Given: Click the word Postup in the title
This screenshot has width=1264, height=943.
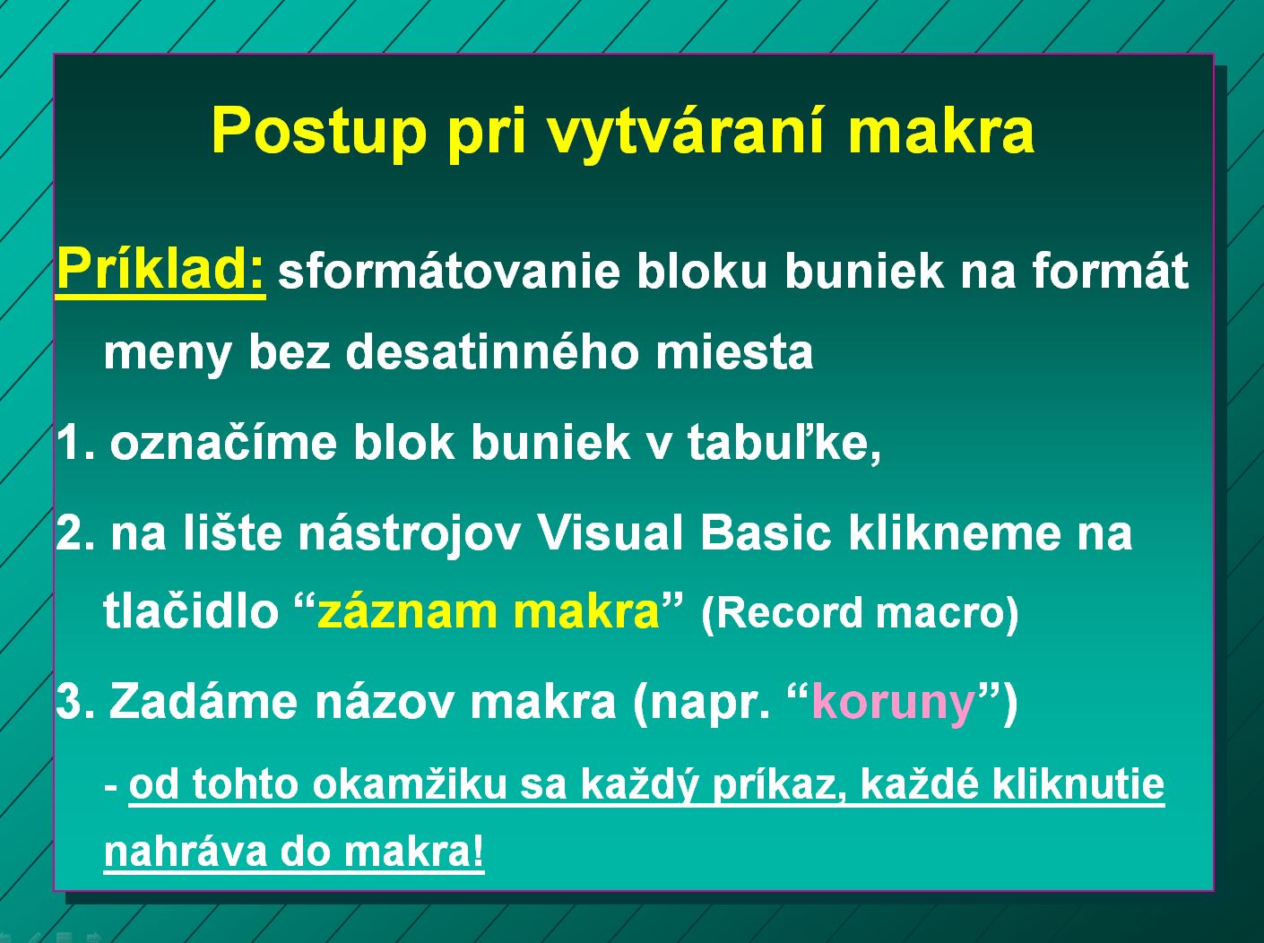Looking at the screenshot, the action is (319, 133).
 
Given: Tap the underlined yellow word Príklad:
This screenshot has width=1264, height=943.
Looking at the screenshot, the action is (160, 269).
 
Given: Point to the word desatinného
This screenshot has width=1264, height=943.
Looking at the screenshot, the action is (492, 351).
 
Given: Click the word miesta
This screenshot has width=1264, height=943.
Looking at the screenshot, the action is (734, 351).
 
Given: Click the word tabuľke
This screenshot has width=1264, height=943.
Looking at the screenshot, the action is (784, 442).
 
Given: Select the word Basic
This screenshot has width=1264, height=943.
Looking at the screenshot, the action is (766, 533).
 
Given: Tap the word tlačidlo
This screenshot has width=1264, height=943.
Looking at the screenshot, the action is (191, 610).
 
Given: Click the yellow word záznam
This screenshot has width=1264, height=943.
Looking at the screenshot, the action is (407, 612).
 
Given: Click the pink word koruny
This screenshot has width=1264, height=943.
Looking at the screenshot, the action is (894, 705).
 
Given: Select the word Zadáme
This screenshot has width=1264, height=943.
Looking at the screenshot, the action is (203, 701).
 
